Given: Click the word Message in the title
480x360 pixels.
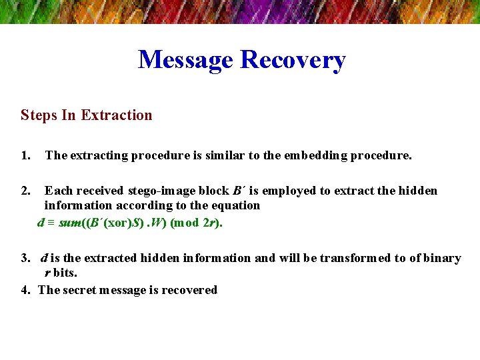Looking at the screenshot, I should pyautogui.click(x=186, y=60).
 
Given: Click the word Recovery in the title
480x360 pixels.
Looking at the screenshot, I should pyautogui.click(x=293, y=60).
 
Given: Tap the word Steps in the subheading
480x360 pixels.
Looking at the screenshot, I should pyautogui.click(x=39, y=115).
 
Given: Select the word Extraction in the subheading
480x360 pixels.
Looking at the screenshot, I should pyautogui.click(x=117, y=115).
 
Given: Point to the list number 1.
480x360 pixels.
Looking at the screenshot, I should pyautogui.click(x=26, y=156).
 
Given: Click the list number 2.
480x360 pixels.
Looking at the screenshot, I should pyautogui.click(x=26, y=191).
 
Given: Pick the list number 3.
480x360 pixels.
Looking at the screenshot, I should pyautogui.click(x=26, y=258).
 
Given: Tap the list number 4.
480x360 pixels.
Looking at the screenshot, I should pyautogui.click(x=26, y=290).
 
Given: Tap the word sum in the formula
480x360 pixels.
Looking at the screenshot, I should pyautogui.click(x=69, y=223).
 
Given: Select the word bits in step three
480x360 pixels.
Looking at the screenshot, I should pyautogui.click(x=65, y=273).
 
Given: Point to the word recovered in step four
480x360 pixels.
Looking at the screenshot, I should pyautogui.click(x=192, y=290).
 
